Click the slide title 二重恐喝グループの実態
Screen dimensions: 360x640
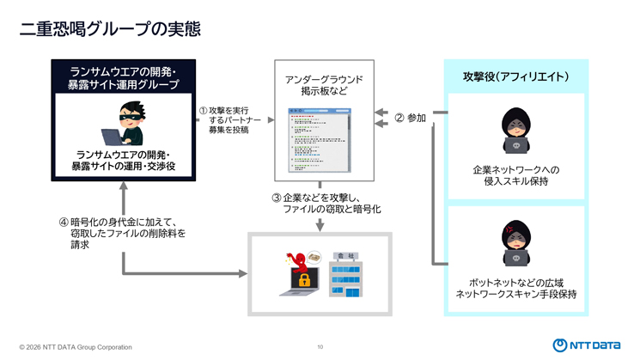pos(110,29)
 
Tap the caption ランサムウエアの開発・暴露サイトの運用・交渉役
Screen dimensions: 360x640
pos(124,160)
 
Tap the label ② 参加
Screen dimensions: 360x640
pos(410,119)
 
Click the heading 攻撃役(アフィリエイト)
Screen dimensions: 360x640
pos(515,76)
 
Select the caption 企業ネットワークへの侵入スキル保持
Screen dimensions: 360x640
pos(515,175)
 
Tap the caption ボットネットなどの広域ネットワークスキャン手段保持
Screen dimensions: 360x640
pos(515,289)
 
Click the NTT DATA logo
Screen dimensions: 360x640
pos(586,345)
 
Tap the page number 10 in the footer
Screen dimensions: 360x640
pos(320,347)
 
